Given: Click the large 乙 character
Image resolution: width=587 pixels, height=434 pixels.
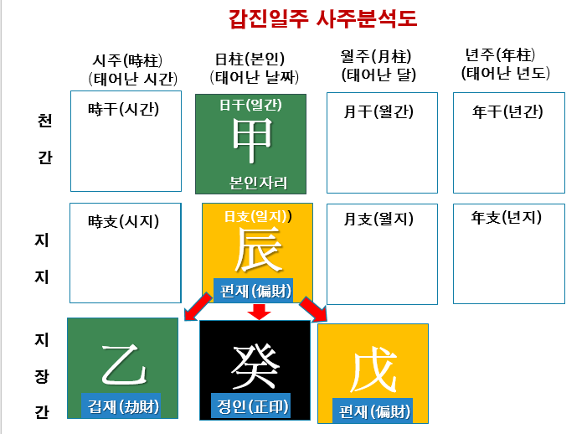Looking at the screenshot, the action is pos(124,363).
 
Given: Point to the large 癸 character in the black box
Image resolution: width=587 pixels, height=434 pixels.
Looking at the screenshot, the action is pos(255,365).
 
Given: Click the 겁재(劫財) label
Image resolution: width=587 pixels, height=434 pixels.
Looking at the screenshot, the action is pos(124,407).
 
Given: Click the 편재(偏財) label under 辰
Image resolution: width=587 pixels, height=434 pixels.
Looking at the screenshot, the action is pos(253,290).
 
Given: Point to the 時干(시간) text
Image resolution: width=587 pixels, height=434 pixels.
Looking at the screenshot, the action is pos(123,109).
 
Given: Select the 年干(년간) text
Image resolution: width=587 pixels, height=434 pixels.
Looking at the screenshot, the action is pos(507,111).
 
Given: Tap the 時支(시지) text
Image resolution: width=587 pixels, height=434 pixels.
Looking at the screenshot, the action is pos(123,222).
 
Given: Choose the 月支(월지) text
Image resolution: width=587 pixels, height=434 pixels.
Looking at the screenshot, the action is pos(378,220).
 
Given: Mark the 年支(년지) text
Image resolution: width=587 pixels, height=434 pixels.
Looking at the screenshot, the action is pos(507,218).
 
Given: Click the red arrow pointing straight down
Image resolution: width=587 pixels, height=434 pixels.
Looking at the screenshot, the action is pos(260,312).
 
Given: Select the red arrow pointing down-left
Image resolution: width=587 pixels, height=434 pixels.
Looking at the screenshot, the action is pos(198,307).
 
